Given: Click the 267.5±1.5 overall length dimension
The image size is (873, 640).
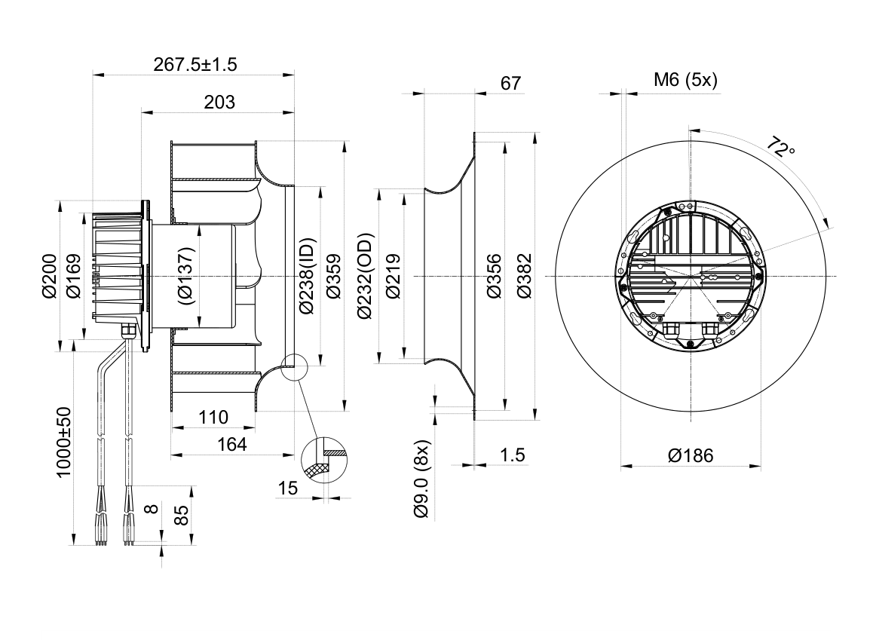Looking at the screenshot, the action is point(195,65).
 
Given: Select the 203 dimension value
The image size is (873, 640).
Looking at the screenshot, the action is point(219,103).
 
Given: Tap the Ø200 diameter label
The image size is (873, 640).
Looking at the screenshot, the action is point(50,276).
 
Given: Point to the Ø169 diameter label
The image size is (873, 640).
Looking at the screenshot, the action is point(73,276).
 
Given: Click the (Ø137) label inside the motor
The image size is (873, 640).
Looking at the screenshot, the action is point(187,275).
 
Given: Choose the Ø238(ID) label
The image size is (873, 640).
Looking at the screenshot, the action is point(307,275).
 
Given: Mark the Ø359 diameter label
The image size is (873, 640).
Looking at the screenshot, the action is point(333,276).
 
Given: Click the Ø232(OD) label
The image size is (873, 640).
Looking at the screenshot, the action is point(366,275).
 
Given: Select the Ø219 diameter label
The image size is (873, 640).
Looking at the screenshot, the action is point(393,276).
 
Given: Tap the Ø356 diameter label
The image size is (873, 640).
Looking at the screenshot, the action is point(493,276).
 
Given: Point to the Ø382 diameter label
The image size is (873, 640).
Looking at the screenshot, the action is point(523,276).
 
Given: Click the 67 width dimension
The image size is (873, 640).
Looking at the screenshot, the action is point(510,84).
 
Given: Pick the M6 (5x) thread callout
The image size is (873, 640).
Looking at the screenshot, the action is point(685,80).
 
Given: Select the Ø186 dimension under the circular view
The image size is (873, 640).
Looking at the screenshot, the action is point(691,456).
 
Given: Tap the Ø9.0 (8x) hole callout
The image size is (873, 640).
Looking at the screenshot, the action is point(422,479).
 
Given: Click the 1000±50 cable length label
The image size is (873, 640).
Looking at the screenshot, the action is point(64,442).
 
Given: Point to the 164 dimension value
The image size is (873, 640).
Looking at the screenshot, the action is point(231,444).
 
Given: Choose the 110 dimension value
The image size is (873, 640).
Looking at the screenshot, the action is point(213,418).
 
